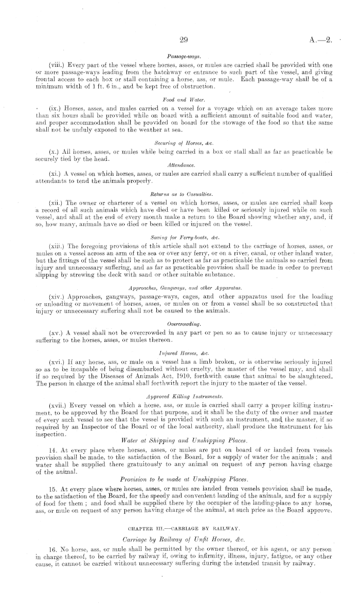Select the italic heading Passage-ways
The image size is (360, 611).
click(x=180, y=55)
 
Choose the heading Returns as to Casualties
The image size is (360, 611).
click(x=180, y=195)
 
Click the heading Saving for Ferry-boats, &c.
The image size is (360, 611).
click(x=180, y=232)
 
